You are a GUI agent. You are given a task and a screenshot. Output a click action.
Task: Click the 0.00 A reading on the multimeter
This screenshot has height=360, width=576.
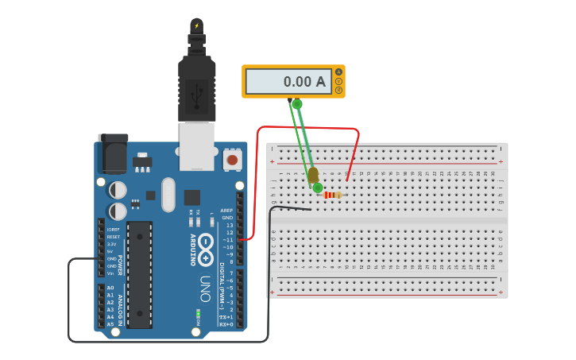coord(304,81)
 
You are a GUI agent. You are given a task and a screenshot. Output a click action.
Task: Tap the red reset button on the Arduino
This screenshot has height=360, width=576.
coord(232,160)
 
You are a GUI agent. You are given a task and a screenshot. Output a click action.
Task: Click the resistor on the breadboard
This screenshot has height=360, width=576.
coord(333,195)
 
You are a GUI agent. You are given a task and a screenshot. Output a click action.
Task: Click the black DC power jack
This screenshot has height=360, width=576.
coord(112,153)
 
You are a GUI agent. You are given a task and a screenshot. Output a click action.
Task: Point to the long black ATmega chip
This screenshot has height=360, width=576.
coord(139,275)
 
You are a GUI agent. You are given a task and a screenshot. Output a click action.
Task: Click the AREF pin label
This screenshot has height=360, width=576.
coord(226,211)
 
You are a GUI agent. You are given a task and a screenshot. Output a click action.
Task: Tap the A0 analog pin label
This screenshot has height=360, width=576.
coord(110,288)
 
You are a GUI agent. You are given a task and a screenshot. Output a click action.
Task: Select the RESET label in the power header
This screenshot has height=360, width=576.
coord(114,237)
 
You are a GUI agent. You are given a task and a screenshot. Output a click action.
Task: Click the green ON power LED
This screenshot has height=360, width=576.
coord(198,314)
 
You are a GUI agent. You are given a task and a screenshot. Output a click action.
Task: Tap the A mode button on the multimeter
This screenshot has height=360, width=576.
coord(338,72)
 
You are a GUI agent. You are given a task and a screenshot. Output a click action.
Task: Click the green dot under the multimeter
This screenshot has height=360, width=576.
coord(297,104)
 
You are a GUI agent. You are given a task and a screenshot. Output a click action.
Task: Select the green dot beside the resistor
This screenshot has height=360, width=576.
coord(318,188)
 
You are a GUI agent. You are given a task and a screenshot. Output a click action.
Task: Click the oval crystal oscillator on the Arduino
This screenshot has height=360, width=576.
coord(168,195)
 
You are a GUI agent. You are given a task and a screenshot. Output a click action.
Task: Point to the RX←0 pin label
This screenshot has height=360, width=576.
coord(226,324)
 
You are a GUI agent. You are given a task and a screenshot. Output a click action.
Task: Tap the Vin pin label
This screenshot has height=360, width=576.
coord(110,273)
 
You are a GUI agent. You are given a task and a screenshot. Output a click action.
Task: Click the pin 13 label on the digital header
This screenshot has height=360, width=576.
coord(229,225)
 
